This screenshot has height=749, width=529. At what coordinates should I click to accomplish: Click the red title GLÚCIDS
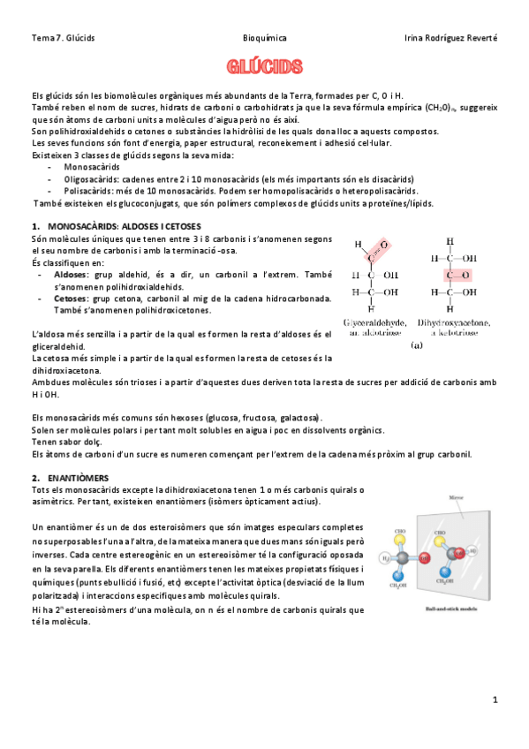264,67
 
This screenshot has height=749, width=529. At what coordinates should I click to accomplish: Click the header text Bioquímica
264,38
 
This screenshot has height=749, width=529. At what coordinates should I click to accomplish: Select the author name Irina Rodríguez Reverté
450,38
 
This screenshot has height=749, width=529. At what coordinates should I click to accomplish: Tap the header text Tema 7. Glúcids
63,38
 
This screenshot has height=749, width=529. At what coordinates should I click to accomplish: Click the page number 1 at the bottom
495,700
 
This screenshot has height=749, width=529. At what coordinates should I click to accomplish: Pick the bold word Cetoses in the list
72,299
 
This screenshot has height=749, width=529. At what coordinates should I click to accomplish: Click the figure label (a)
416,346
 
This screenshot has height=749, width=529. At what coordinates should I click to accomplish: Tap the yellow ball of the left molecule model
400,540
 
